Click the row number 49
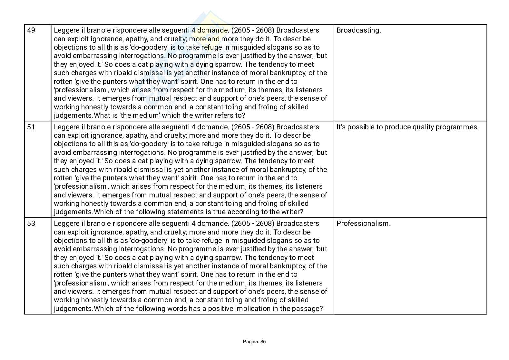pos(31,30)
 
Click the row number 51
pos(31,127)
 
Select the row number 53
pos(31,224)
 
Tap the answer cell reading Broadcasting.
pos(358,30)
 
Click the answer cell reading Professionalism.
pos(363,224)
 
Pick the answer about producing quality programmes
pos(407,127)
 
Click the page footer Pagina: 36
pos(254,342)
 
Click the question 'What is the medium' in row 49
pos(169,115)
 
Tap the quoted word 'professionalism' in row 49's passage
pos(80,90)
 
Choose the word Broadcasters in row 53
pos(298,224)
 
